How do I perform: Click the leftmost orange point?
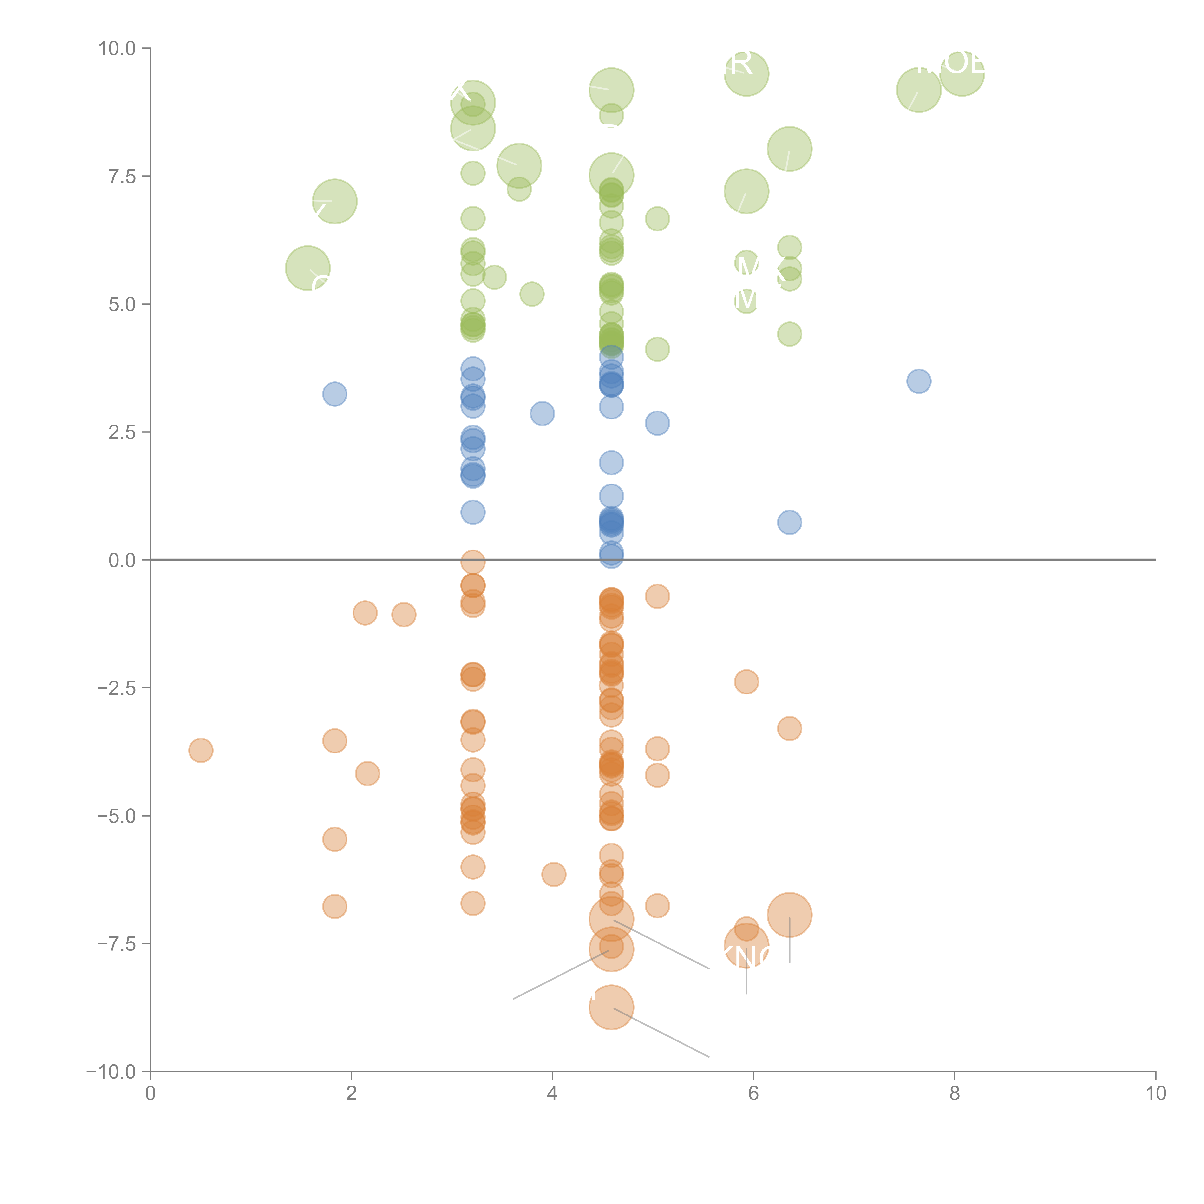point(201,750)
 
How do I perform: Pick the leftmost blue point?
point(335,394)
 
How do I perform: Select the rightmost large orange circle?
point(790,915)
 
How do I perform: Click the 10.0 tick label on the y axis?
point(117,49)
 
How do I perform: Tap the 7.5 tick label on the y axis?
point(122,176)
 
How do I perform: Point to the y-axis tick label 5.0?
point(122,305)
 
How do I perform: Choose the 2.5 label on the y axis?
point(122,432)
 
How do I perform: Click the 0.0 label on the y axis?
point(122,560)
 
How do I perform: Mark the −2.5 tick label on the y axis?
point(117,688)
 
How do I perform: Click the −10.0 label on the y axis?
point(112,1072)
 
